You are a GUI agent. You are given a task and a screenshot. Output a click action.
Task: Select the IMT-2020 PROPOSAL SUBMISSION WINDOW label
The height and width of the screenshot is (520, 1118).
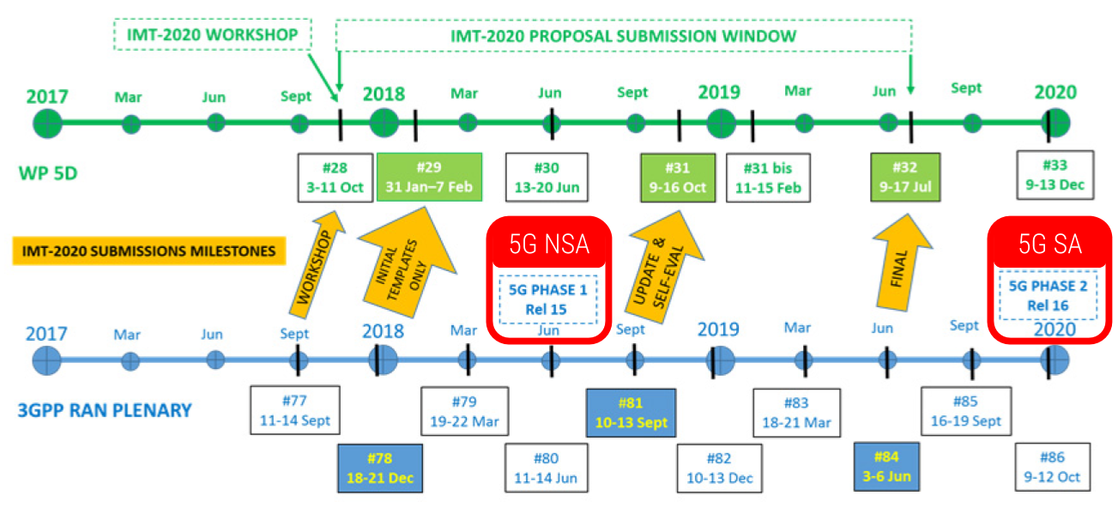coord(623,36)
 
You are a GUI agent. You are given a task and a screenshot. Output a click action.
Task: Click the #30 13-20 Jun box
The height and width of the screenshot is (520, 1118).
coord(547,178)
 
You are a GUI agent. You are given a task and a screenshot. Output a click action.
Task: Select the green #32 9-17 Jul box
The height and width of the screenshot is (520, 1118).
coord(905,178)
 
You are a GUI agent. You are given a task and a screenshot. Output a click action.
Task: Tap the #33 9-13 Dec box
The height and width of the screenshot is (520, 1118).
coord(1054,174)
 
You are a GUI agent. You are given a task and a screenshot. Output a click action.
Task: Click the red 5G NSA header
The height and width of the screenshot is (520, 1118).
coord(549,244)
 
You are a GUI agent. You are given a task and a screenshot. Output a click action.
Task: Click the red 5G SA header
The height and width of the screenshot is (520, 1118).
coord(1050,244)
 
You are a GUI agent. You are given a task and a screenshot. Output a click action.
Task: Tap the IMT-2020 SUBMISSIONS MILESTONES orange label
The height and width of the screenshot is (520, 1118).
coord(149,251)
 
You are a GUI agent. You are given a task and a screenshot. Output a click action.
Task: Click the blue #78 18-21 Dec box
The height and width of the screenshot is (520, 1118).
coord(380,468)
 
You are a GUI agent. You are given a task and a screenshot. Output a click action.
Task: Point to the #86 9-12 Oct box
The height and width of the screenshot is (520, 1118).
coord(1052,467)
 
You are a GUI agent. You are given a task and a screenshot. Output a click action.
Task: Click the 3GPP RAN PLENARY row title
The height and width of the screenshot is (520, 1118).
coord(105,409)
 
